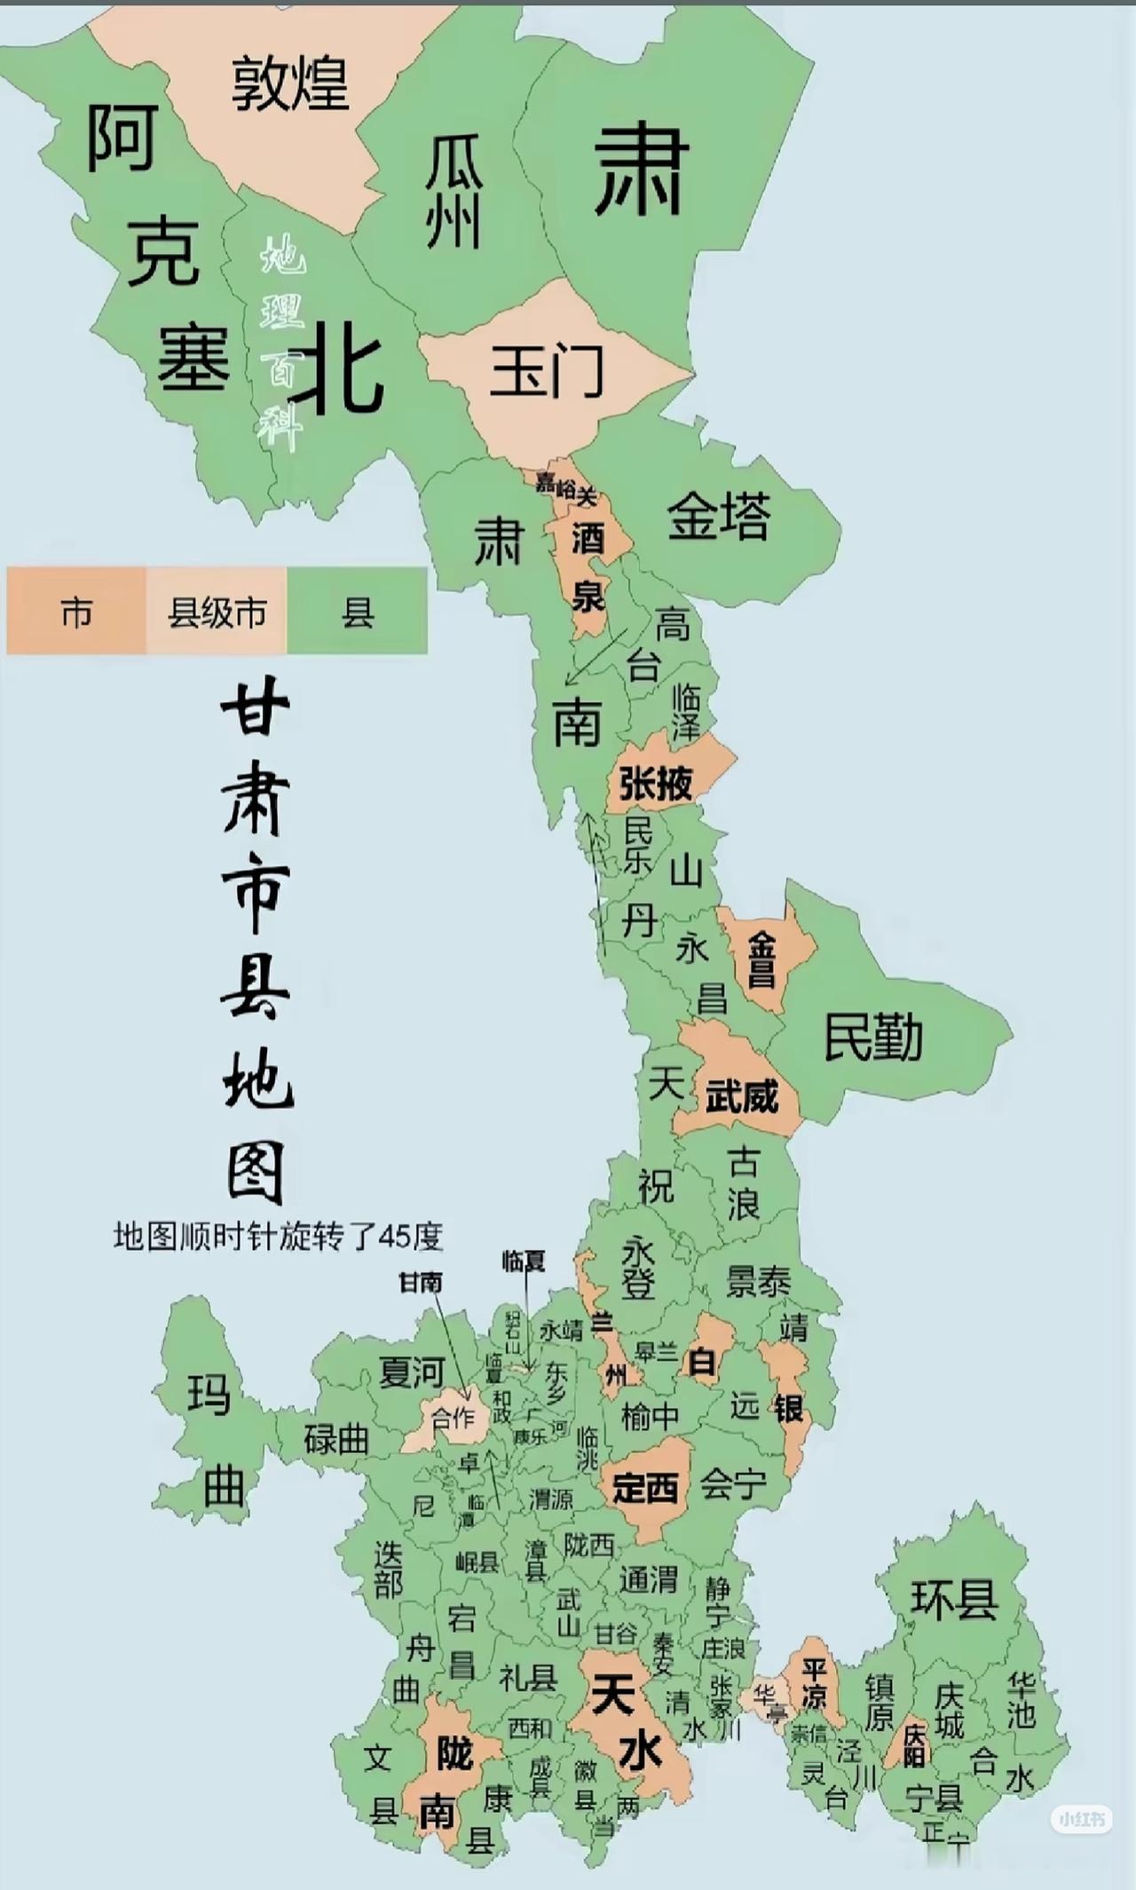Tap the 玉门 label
(x=547, y=371)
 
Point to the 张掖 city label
(x=656, y=783)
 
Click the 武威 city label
(x=742, y=1096)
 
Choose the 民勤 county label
(x=874, y=1036)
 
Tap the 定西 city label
(x=645, y=1487)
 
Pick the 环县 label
(x=954, y=1599)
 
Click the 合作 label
(x=453, y=1418)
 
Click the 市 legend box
(x=76, y=613)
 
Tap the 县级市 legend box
(x=217, y=613)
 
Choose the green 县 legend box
(x=358, y=613)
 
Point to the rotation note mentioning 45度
(x=278, y=1236)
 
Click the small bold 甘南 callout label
(x=421, y=1282)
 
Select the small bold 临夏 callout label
(x=524, y=1261)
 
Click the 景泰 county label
(x=758, y=1281)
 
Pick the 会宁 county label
(x=733, y=1483)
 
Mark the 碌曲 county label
(x=336, y=1439)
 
